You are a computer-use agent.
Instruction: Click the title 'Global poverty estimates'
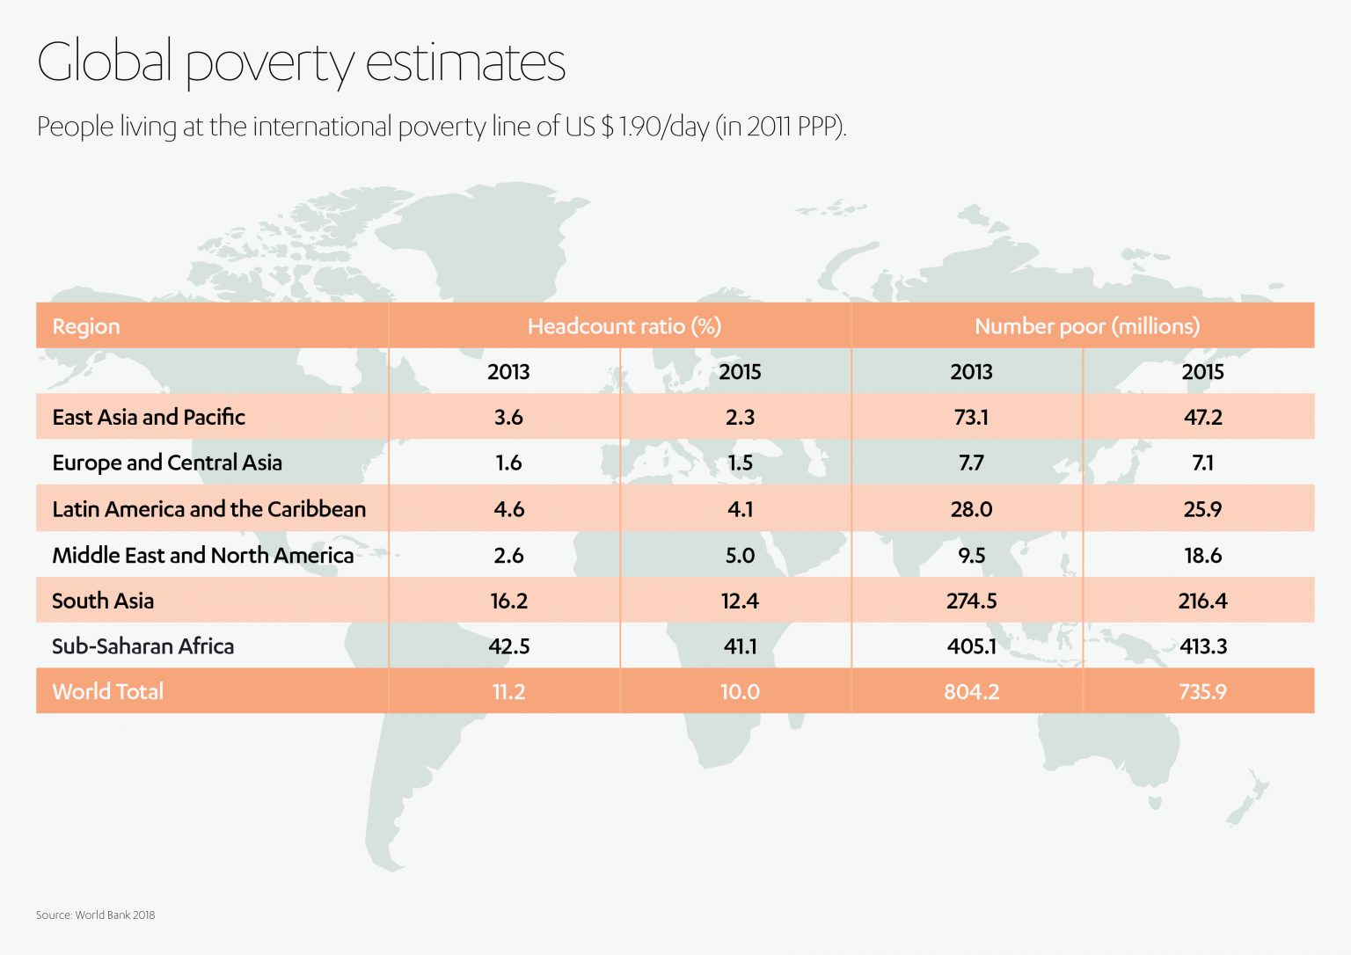coord(301,63)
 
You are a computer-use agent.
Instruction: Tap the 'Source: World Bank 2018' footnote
coord(95,915)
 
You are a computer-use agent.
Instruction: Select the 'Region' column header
coord(86,326)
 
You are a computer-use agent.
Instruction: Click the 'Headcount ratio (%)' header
coord(624,326)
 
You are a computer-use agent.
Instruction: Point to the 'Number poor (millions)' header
coord(1086,326)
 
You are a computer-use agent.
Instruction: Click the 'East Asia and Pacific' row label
coord(148,417)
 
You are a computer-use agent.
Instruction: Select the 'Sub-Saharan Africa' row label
coord(142,646)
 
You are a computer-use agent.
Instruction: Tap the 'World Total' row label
coord(107,691)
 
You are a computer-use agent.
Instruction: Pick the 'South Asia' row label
coord(103,601)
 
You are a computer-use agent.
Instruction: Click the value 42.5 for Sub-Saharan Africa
coord(508,646)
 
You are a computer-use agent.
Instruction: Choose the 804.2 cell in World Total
coord(971,691)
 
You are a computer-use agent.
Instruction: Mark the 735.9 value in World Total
coord(1202,691)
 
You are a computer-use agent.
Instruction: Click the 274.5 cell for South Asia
coord(971,601)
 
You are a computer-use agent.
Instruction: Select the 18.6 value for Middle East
coord(1202,555)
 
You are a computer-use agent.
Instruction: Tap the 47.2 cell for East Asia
coord(1202,417)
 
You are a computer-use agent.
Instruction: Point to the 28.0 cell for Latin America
coord(971,509)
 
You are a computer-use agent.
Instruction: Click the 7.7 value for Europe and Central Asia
coord(971,463)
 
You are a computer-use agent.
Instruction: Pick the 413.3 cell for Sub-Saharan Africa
coord(1202,646)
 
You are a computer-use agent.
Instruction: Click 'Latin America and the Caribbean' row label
coord(208,509)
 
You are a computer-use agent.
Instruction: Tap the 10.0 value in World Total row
coord(740,691)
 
